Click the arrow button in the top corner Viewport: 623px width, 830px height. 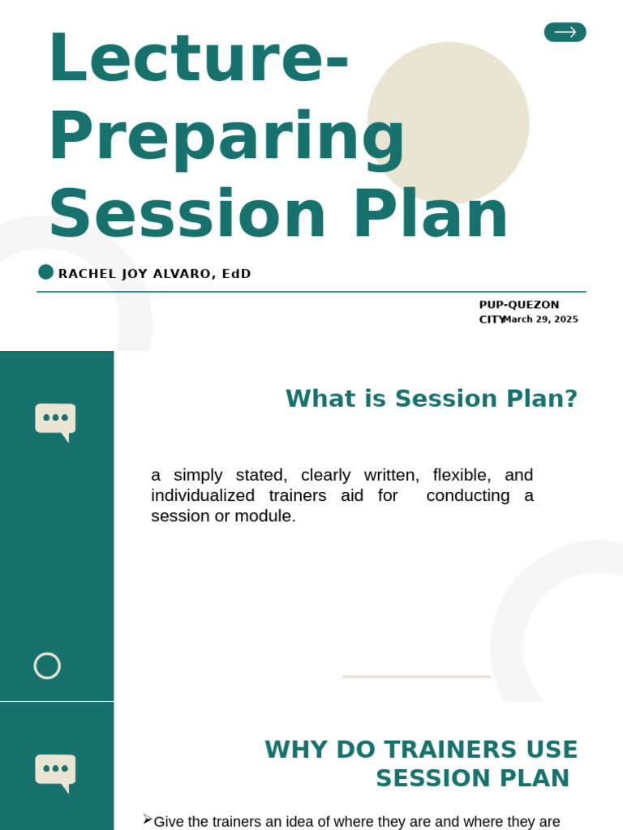565,32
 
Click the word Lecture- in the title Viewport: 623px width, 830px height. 199,58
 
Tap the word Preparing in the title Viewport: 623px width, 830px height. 226,136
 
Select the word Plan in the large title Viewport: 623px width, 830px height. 430,214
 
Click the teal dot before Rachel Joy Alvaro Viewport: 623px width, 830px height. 46,272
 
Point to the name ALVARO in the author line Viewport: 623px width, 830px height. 182,274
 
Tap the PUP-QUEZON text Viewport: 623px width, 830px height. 518,305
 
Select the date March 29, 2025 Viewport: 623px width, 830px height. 540,319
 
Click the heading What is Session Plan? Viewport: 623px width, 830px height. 432,399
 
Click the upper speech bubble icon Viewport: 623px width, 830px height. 55,420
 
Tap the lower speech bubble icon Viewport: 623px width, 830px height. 55,771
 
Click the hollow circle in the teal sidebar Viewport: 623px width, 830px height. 47,665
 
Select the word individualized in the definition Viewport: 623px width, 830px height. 203,495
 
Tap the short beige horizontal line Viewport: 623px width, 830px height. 416,676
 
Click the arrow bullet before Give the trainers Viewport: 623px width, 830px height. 147,819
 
